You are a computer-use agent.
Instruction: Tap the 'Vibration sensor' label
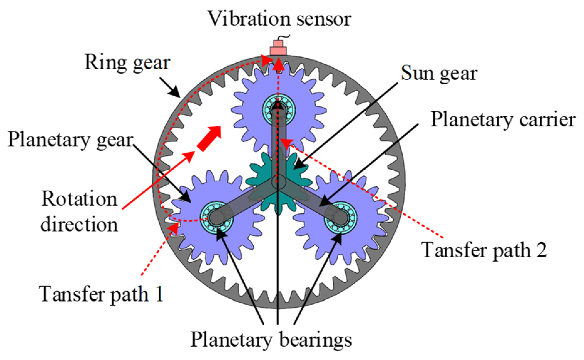(279, 19)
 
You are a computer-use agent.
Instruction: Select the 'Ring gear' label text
(127, 63)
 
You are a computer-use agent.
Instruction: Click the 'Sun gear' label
(439, 73)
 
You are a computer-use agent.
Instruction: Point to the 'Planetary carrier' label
(503, 120)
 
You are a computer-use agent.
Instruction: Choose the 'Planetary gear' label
(70, 140)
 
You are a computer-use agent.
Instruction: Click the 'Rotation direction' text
(79, 211)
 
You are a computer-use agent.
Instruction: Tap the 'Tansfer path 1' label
(101, 294)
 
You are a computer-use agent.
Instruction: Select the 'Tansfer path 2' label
(484, 250)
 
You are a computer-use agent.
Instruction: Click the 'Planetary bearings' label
(271, 340)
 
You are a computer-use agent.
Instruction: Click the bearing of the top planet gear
(278, 108)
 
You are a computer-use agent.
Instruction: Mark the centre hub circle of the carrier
(278, 182)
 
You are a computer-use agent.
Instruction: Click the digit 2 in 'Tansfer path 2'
(541, 250)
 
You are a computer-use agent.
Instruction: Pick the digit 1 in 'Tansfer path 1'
(159, 294)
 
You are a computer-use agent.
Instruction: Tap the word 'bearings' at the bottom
(315, 340)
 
